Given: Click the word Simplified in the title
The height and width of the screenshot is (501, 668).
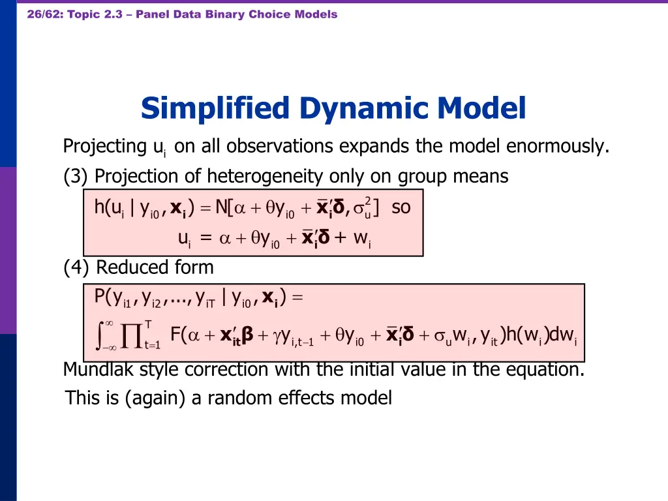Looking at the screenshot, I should pyautogui.click(x=215, y=108).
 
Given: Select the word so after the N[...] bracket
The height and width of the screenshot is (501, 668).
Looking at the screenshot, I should pyautogui.click(x=401, y=208).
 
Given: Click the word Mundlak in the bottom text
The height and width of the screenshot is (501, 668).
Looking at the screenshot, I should pyautogui.click(x=92, y=370).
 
